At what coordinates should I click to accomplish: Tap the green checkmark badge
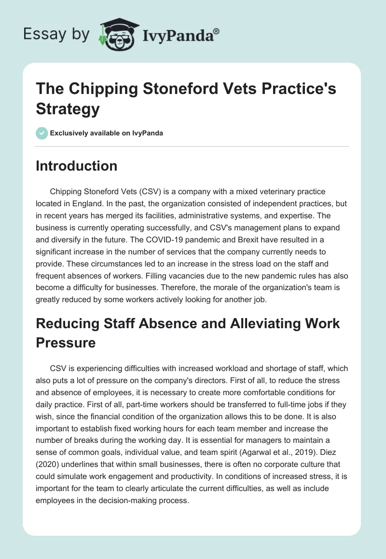pos(42,133)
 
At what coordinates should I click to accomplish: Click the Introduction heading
pos(77,166)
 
